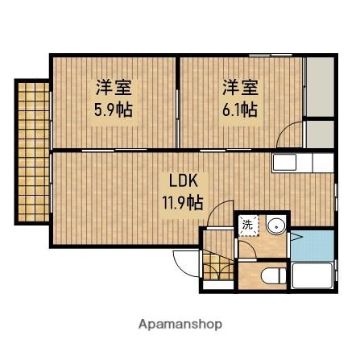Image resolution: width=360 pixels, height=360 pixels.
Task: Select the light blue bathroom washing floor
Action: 312,245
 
